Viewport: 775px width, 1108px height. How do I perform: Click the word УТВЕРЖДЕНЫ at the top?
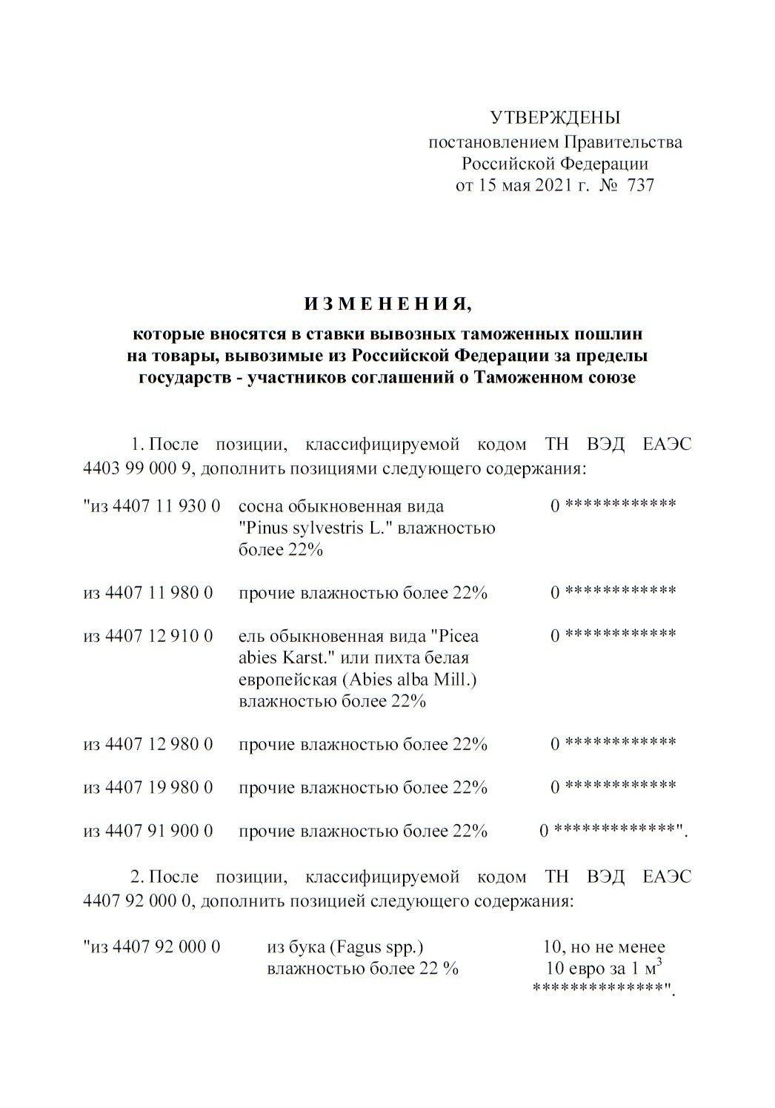(x=555, y=117)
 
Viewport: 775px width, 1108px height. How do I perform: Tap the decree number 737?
(x=640, y=185)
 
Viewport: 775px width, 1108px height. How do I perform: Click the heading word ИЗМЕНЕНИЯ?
(x=387, y=303)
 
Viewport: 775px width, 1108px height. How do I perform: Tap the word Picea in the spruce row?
(x=459, y=636)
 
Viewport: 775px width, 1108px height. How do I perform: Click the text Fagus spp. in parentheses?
(x=379, y=946)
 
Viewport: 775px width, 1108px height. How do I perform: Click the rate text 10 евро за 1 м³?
(x=603, y=968)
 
